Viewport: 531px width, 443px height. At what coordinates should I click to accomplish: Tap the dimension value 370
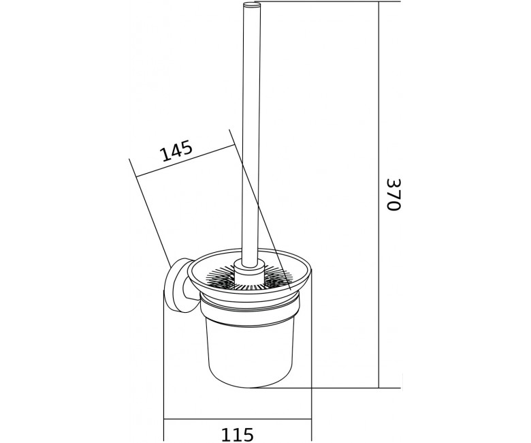[393, 194]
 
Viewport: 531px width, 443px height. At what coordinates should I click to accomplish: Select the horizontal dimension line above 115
[238, 420]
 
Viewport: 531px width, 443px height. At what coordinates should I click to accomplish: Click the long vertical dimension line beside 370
[379, 194]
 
